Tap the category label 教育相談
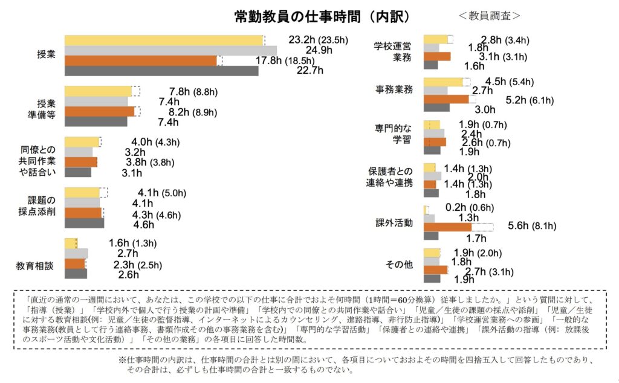coord(37,265)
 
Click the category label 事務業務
coord(395,89)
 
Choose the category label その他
coord(400,265)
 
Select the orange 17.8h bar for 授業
coord(140,60)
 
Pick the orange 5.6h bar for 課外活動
coord(447,227)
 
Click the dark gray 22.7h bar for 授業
coord(161,71)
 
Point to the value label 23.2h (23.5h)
coord(319,40)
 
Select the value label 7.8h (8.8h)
coord(189,92)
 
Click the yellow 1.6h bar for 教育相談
coord(70,243)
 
